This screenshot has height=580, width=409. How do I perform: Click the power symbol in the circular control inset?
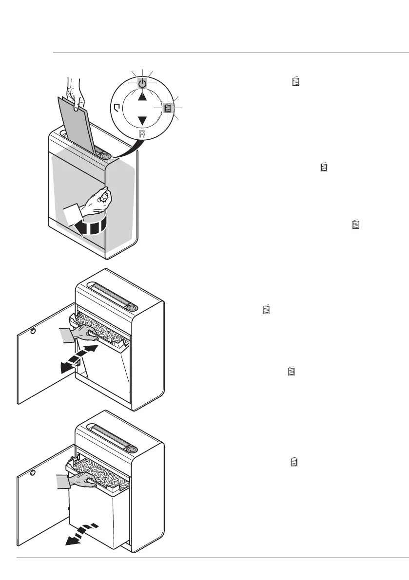pos(141,83)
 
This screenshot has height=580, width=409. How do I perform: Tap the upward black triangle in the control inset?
pos(141,96)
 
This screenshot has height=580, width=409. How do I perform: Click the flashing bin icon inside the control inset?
pos(168,108)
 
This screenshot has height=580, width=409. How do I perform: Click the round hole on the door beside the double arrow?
pos(33,332)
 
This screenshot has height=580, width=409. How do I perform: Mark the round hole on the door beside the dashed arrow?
pos(33,472)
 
